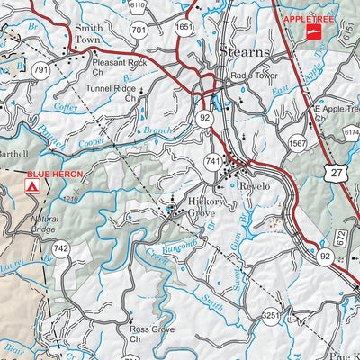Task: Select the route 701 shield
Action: (138, 30)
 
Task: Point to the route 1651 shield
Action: (184, 28)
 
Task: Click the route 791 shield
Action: (40, 69)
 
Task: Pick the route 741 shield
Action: (212, 159)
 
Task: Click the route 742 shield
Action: (60, 248)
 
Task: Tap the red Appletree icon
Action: (314, 33)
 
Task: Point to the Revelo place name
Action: (254, 185)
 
